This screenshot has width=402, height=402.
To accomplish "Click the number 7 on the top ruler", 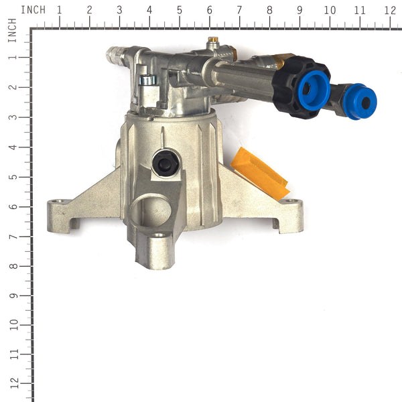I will tap(239, 10).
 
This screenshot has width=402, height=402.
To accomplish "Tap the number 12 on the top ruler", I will tap(389, 10).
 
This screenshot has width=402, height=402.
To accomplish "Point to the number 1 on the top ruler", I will tap(60, 10).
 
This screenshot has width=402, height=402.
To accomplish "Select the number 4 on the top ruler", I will tap(149, 10).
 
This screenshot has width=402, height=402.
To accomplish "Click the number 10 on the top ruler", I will tap(329, 10).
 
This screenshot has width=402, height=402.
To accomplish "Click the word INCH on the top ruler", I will tap(33, 10).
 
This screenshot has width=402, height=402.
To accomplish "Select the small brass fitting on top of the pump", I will tap(212, 42).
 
